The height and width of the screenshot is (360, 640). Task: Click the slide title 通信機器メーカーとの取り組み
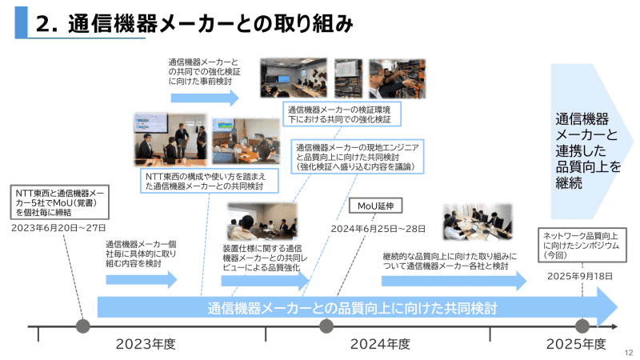pos(211,23)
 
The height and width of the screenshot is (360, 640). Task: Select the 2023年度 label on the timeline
pos(146,344)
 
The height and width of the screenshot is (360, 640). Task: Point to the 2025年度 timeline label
pos(576,344)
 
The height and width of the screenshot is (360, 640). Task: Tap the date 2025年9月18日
pos(580,276)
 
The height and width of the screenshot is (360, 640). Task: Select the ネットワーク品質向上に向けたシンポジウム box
pos(581,246)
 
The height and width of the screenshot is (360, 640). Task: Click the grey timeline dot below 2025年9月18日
pos(582,326)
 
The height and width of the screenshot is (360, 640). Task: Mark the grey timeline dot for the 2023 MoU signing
pos(82,326)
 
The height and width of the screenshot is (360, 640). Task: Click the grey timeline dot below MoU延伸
pos(326,326)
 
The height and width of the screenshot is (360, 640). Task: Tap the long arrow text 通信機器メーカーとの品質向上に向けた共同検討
pos(352,308)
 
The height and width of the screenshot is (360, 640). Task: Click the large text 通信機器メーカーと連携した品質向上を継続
pos(588,151)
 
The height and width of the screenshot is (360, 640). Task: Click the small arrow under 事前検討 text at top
pos(205,98)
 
